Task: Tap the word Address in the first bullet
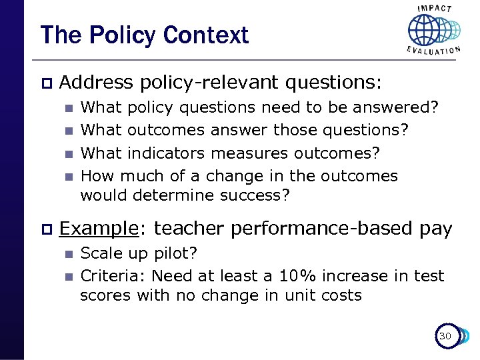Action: tap(96, 83)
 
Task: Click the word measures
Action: tap(257, 153)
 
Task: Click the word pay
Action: tap(436, 229)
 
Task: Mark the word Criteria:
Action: tap(113, 275)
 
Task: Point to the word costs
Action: tap(340, 295)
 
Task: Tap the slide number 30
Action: tap(445, 336)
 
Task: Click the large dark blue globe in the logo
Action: tap(424, 31)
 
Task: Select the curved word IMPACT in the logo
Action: tap(434, 9)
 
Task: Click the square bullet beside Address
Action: tap(45, 83)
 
